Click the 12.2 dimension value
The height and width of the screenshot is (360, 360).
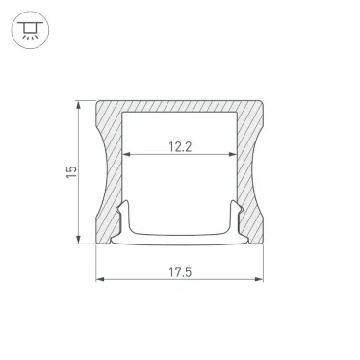pos(180,147)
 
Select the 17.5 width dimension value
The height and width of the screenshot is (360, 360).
pos(180,272)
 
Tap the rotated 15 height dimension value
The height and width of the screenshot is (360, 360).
pos(71,172)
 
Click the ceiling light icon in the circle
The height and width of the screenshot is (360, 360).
pos(30,30)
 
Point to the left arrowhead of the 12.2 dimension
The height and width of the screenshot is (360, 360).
pos(126,154)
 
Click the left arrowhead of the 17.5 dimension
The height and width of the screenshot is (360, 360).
pos(100,279)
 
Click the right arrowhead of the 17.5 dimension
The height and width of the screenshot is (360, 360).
pos(259,279)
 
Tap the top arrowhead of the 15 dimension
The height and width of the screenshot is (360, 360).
pos(78,105)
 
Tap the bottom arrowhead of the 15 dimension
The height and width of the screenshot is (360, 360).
pos(78,240)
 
